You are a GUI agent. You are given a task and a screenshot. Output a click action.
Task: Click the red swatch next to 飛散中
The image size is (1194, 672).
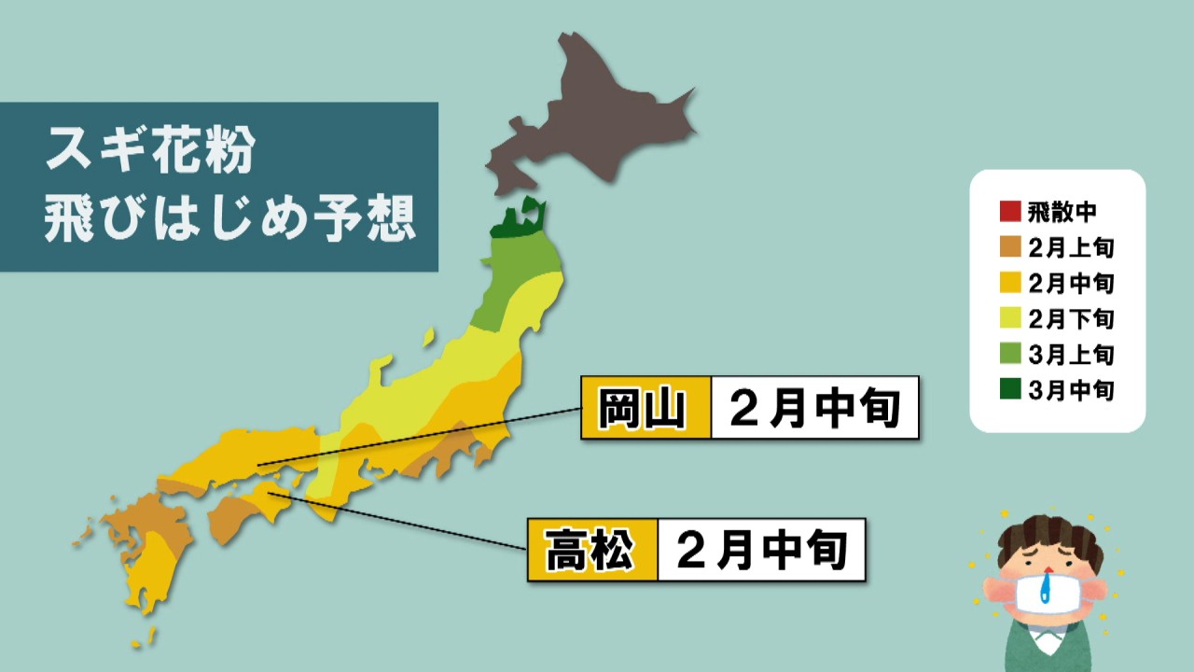pos(1009,212)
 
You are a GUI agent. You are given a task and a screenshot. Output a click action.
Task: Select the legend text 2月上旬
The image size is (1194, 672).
pos(1071,247)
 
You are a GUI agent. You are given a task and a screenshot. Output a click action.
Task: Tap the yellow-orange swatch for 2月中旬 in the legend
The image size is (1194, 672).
pos(1009,283)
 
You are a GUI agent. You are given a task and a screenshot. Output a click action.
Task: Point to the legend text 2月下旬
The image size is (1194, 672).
pos(1071,318)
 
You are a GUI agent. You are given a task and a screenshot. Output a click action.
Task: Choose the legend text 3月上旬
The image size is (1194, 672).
pos(1071,355)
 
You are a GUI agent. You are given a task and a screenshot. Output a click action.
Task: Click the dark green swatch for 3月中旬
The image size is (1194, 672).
pos(1009,390)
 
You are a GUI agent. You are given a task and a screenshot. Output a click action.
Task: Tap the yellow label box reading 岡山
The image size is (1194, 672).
pos(646,408)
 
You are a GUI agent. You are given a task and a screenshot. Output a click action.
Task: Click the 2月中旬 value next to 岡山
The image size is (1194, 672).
pos(814,408)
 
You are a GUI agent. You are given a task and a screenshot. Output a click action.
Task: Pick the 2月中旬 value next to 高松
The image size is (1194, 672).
pos(761,551)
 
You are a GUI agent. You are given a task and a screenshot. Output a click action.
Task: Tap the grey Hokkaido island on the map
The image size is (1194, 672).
pos(597,121)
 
